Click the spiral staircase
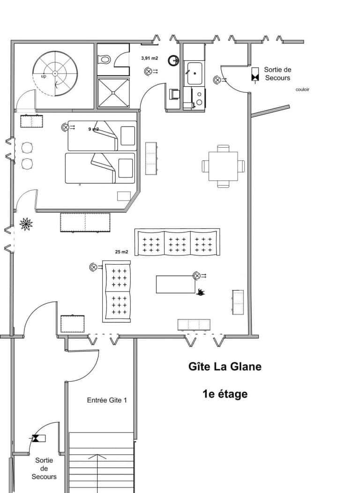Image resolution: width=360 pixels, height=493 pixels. [55, 74]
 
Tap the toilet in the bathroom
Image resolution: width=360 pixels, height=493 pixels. [105, 59]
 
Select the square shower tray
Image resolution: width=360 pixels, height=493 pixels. [113, 92]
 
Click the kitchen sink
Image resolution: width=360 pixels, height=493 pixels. [194, 74]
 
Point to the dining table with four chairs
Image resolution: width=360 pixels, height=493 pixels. [223, 166]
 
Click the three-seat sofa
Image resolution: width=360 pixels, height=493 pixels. [177, 243]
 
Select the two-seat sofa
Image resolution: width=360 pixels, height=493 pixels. [117, 292]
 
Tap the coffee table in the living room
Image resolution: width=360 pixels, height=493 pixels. [175, 284]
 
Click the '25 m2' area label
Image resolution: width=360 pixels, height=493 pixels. [121, 252]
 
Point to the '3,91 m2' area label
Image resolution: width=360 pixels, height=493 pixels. [150, 59]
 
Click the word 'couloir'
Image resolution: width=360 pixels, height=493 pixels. [302, 90]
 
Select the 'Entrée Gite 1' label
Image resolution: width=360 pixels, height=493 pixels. [107, 400]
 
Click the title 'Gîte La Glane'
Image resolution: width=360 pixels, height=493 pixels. [225, 366]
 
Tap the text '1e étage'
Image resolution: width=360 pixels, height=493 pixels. [225, 394]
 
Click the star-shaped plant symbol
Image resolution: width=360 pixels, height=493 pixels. [26, 224]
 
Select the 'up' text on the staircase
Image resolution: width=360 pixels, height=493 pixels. [44, 76]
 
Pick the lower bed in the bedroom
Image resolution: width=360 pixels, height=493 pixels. [100, 168]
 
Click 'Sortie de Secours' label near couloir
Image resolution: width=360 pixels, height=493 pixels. [277, 74]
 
